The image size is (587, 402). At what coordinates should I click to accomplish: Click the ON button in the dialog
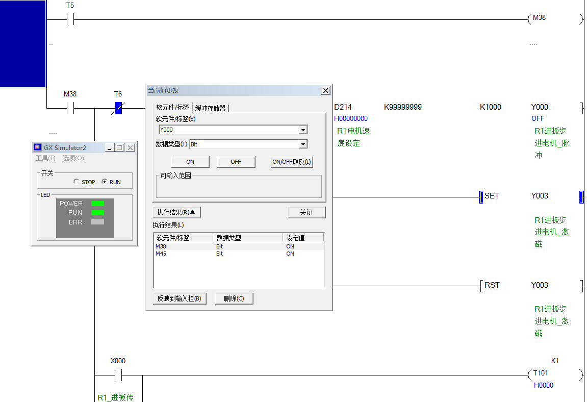point(190,162)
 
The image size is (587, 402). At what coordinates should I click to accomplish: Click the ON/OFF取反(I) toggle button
point(292,162)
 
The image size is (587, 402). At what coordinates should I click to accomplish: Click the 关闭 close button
point(306,212)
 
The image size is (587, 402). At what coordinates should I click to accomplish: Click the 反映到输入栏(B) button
point(179,298)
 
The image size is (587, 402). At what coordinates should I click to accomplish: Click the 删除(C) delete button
point(234,298)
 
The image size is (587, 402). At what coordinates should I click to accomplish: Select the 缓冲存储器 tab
point(211,108)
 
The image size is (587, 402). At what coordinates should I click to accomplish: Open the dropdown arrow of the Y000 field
point(303,130)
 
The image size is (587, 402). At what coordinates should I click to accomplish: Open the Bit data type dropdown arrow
point(303,144)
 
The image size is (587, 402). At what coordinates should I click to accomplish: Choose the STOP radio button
point(76,182)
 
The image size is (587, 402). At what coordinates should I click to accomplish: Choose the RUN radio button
point(105,182)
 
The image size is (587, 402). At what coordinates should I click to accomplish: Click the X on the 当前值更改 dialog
point(325,90)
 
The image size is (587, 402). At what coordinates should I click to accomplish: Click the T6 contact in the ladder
point(118,108)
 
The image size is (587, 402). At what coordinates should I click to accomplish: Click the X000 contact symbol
point(118,375)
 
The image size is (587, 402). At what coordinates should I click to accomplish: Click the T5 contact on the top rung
point(70,20)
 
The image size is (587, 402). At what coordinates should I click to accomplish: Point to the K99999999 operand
point(403,107)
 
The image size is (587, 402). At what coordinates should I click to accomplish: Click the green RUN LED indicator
point(97,213)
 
